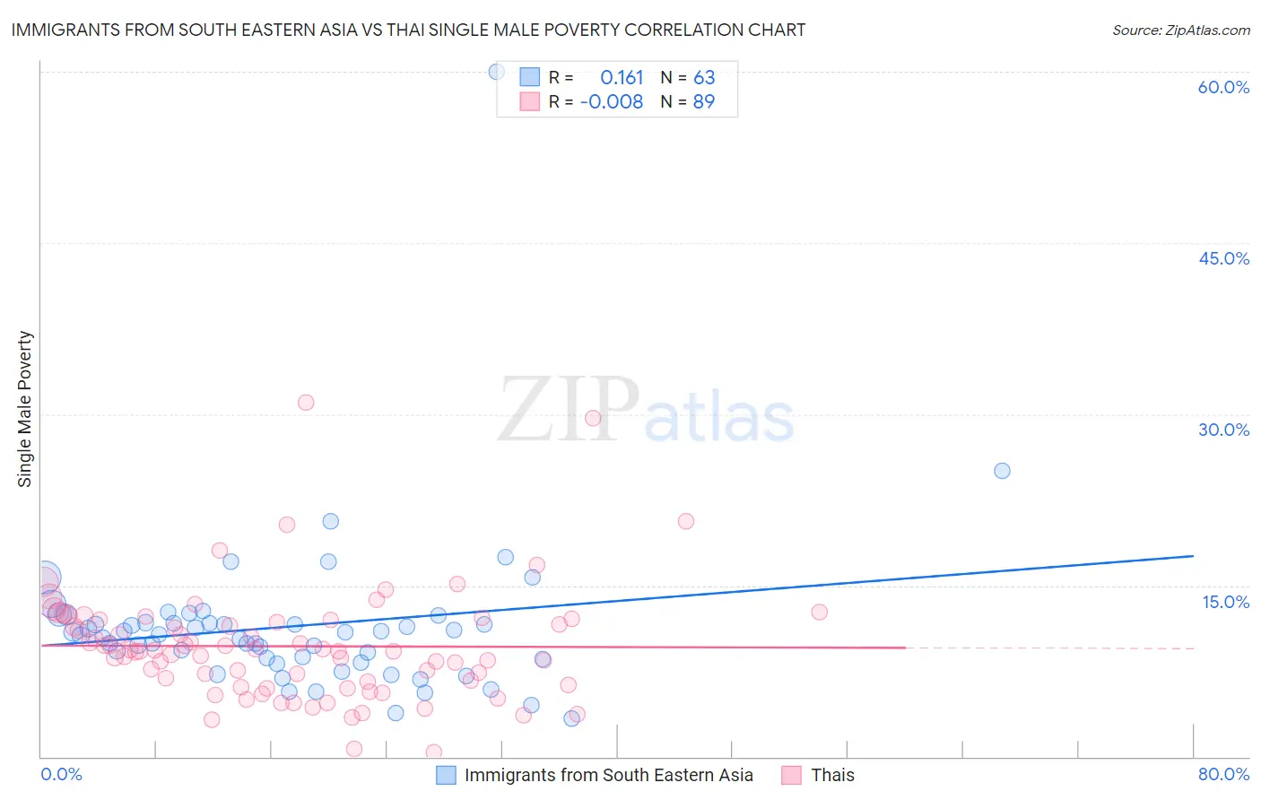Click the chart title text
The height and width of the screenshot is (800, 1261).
coord(408,30)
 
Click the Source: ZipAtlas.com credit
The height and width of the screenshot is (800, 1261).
coord(1180,30)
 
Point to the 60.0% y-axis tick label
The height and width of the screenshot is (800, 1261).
coord(1223,87)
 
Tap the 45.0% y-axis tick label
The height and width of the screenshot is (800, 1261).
coord(1223,258)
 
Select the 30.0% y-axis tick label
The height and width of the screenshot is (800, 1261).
coord(1223,430)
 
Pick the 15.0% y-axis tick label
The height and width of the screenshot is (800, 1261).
coord(1225,602)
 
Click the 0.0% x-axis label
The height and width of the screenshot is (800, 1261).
coord(61,774)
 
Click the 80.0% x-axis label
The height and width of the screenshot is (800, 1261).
coord(1223,774)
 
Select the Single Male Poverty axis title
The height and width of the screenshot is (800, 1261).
coord(25,409)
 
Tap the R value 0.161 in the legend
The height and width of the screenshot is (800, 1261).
coord(622,78)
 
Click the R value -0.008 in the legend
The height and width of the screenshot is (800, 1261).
coord(612,102)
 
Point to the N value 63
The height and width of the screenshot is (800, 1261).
coord(704,78)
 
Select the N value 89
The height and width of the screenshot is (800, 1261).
coord(704,102)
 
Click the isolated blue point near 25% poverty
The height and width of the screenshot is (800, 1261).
coord(1002,471)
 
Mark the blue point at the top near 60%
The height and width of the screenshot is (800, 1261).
coord(496,72)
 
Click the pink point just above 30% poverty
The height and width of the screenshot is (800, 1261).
coord(306,403)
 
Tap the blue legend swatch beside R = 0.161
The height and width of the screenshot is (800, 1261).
coord(530,77)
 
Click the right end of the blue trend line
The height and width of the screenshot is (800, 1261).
coord(1193,556)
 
